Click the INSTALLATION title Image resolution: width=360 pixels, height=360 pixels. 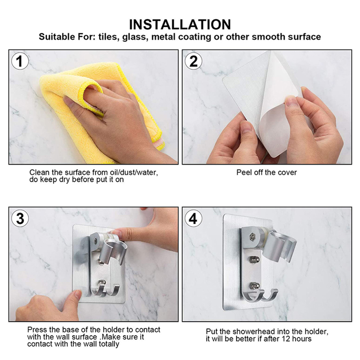tap(180, 25)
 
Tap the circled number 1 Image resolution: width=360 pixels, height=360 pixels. tap(20, 61)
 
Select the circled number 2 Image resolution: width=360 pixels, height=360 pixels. tap(193, 61)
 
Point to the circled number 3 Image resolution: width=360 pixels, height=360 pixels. tap(20, 219)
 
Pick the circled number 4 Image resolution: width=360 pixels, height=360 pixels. tap(193, 219)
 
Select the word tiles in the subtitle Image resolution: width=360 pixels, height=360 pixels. tap(108, 37)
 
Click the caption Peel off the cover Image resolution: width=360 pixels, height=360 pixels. tap(266, 172)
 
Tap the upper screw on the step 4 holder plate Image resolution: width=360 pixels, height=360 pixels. tap(254, 260)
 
